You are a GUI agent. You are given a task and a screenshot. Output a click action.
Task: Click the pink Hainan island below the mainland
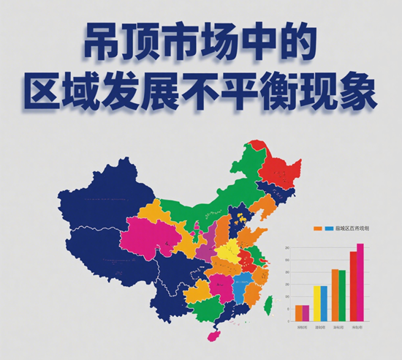[216, 334]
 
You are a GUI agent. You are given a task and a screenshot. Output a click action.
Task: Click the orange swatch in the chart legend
[318, 228]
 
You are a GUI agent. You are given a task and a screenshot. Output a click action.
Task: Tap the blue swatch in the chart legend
[329, 228]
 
